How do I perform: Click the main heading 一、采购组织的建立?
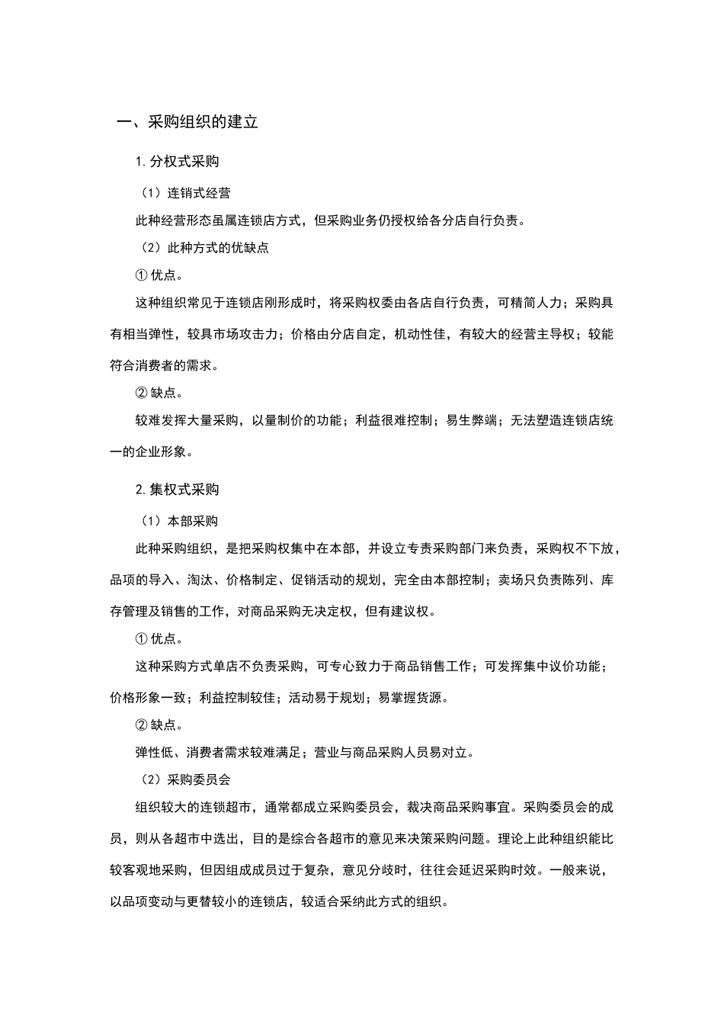click(187, 121)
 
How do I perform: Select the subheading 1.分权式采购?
click(177, 161)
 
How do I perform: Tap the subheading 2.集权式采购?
click(177, 489)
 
